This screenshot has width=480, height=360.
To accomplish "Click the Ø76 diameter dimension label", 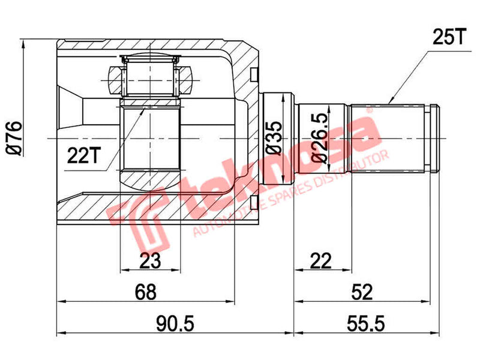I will tap(13, 138).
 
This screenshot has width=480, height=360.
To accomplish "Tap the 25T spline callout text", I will tap(448, 37).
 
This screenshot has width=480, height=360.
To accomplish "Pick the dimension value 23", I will tap(151, 260).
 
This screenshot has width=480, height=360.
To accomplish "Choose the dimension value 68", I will tap(146, 292).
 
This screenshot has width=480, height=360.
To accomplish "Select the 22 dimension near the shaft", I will tap(322, 260).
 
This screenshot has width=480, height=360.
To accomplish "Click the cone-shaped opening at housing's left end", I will tap(71, 111).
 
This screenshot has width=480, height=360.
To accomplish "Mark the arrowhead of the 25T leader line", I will tap(391, 102).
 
